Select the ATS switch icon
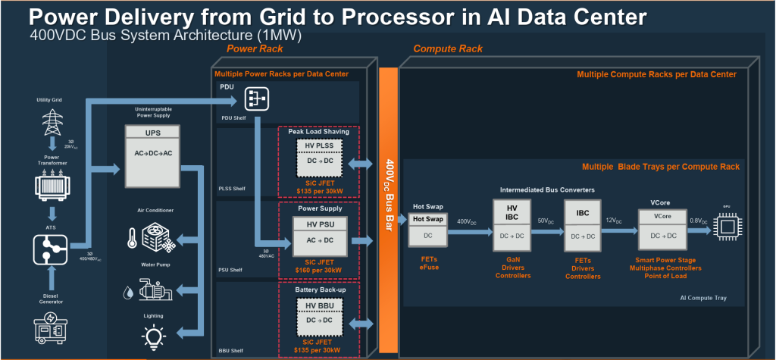point(51,248)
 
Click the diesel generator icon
point(51,327)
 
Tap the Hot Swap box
point(429,227)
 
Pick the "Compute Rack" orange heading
point(448,49)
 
